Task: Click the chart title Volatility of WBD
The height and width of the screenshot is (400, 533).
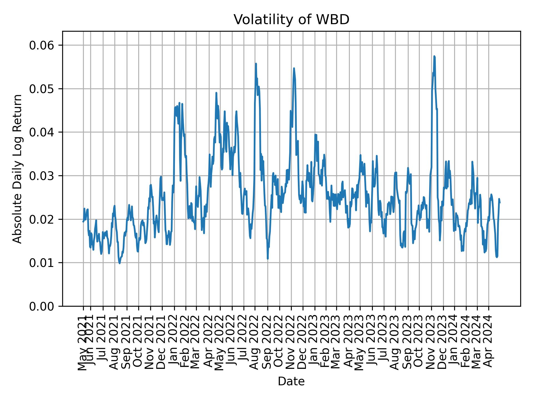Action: [x=291, y=20]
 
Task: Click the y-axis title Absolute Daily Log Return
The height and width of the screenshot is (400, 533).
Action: [x=18, y=169]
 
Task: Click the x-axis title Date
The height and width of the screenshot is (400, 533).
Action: [x=291, y=381]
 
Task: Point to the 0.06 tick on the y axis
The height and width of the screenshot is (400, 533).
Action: [x=42, y=45]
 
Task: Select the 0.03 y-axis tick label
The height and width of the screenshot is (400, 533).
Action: [x=42, y=176]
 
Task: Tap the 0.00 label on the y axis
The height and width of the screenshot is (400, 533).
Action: [x=42, y=306]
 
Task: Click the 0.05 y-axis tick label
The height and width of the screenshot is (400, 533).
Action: [x=42, y=89]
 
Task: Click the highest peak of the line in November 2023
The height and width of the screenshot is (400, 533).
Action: [x=434, y=56]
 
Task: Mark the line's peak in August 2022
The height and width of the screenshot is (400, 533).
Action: [x=256, y=64]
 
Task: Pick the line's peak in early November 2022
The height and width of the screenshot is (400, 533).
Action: [x=294, y=68]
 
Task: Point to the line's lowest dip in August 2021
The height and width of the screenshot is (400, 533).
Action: [x=119, y=263]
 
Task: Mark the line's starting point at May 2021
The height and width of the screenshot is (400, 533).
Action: [x=83, y=221]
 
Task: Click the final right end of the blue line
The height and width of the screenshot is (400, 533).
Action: [x=500, y=203]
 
